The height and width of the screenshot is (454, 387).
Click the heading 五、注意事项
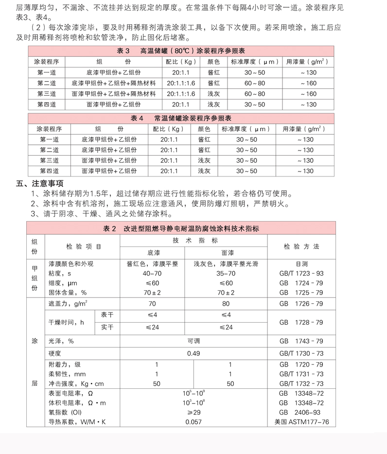click(40, 183)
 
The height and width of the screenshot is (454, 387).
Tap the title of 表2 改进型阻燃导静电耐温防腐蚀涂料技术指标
click(181, 228)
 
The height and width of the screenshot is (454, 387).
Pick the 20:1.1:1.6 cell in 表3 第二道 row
click(180, 83)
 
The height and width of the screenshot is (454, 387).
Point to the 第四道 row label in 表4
click(49, 171)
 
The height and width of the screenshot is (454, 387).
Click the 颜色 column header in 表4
click(204, 129)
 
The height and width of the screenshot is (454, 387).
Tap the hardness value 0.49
click(193, 353)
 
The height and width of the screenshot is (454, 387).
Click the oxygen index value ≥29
click(193, 412)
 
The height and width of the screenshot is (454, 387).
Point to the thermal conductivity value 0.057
click(193, 422)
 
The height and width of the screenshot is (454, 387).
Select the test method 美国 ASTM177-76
click(301, 422)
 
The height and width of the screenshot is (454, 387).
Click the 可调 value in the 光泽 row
click(193, 341)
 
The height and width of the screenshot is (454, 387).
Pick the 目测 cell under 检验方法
click(301, 264)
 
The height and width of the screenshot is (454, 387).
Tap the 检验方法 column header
click(301, 246)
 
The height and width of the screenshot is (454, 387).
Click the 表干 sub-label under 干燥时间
click(107, 315)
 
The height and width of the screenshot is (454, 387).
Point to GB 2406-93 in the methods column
click(301, 412)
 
